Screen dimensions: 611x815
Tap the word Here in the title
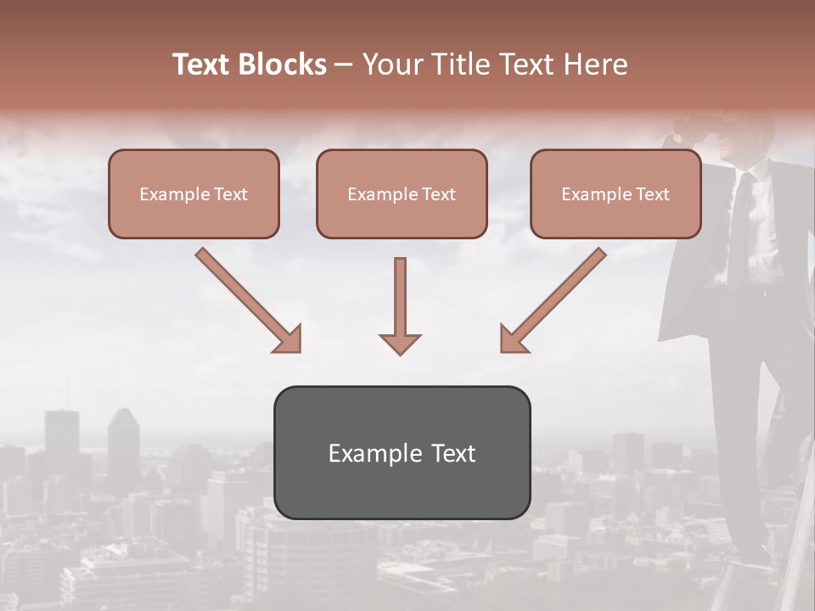(594, 64)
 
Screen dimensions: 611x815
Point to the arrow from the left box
(249, 300)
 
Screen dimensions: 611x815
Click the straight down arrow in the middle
(400, 305)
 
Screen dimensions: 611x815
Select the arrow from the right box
(553, 300)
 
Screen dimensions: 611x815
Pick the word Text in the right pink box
(653, 194)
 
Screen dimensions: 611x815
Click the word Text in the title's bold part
(204, 64)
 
